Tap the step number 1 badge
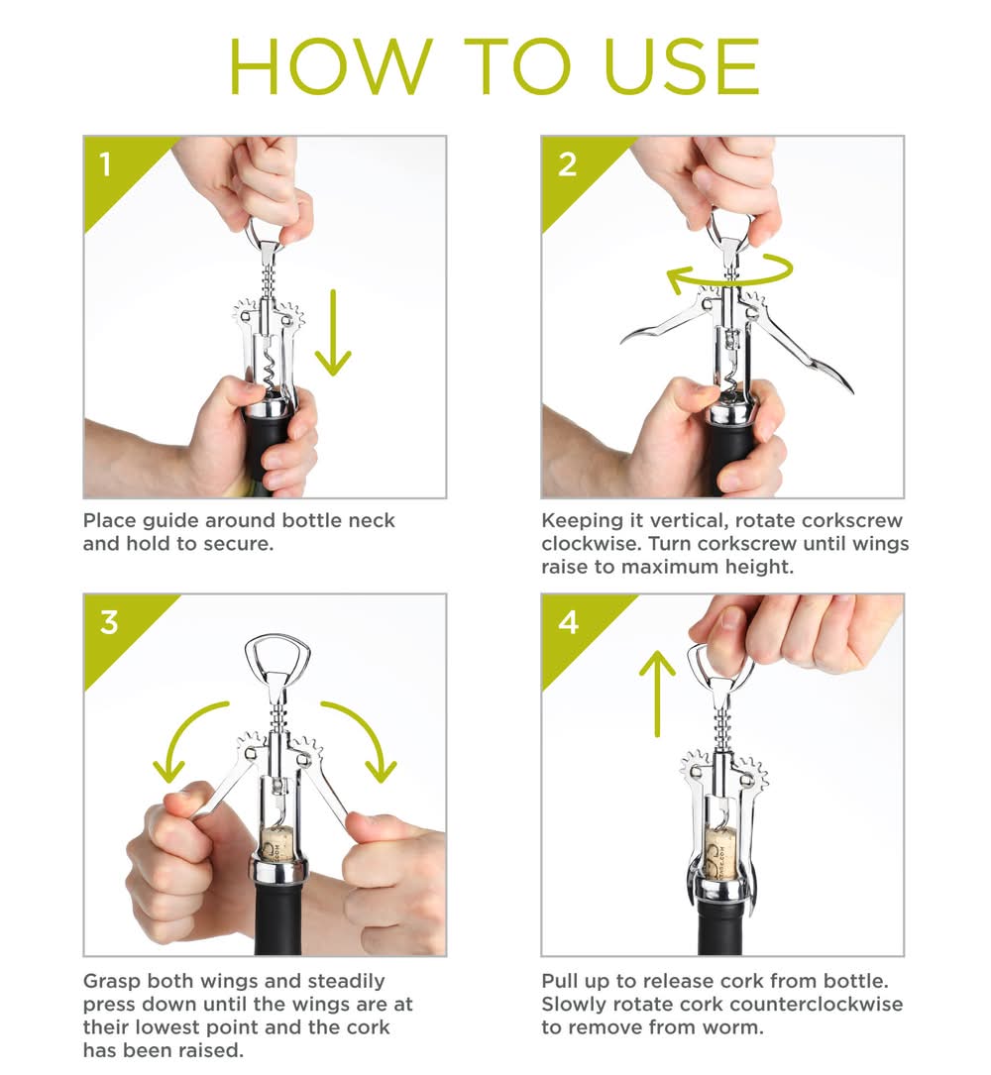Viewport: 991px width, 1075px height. (105, 164)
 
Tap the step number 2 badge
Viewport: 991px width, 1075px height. (567, 164)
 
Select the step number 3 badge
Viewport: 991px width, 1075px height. (109, 622)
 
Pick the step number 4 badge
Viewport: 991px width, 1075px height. (568, 622)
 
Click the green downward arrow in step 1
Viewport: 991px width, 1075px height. (333, 333)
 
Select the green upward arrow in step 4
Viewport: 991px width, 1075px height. (657, 694)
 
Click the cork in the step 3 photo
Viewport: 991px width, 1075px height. (278, 843)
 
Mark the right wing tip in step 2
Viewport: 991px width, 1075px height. (851, 391)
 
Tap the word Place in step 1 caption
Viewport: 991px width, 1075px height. (110, 520)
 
